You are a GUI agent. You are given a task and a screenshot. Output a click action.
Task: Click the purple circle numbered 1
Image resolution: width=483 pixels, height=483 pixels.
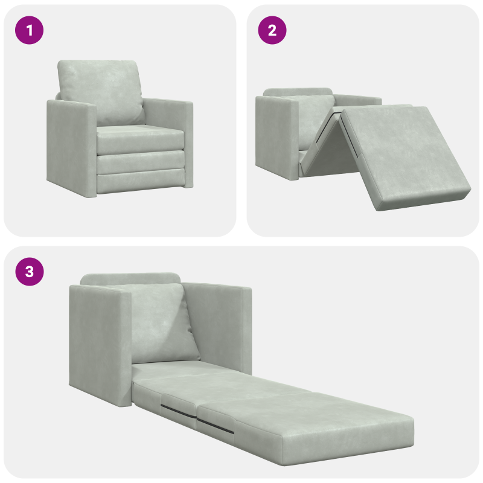point(29,30)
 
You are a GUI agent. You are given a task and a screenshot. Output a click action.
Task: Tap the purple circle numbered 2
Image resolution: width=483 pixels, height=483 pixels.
point(272,30)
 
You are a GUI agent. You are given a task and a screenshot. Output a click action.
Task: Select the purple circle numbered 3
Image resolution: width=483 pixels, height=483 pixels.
point(29,272)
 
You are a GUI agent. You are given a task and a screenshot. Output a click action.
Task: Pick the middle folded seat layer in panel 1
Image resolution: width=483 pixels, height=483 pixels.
point(141,161)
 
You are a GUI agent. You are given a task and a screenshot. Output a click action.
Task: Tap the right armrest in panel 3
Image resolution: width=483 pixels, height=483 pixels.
point(220,326)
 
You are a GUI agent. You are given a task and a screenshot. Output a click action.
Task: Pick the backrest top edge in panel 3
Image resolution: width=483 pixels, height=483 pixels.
point(130,279)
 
